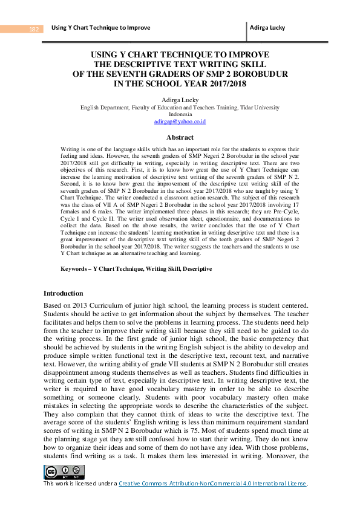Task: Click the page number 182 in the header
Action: pos(34,29)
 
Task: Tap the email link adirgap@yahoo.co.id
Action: pos(180,122)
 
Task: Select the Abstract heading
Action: pos(180,137)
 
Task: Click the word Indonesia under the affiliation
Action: pos(180,114)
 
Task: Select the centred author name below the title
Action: pos(180,99)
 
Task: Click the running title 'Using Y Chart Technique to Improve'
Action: pos(101,28)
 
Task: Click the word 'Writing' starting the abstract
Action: pos(71,148)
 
